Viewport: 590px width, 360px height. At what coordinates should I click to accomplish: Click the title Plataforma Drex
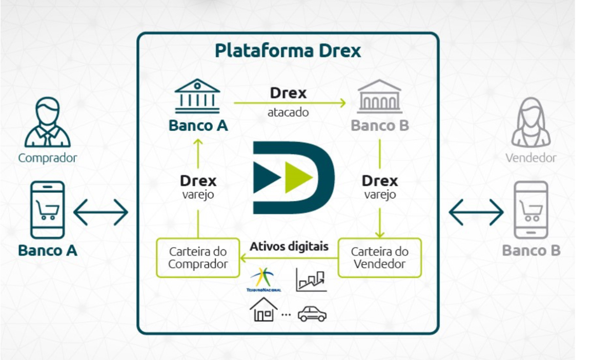(x=288, y=51)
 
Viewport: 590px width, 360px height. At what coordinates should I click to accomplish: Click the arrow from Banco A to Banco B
(x=290, y=103)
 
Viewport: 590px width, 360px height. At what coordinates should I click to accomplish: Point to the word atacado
(x=288, y=112)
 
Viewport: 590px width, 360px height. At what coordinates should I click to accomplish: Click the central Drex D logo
(x=293, y=177)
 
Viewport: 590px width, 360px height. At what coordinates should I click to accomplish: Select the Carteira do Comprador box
(x=198, y=258)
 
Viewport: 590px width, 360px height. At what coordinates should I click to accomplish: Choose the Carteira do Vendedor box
(x=379, y=257)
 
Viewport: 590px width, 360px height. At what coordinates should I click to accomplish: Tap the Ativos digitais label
(x=289, y=246)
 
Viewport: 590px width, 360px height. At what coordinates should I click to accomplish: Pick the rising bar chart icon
(x=311, y=280)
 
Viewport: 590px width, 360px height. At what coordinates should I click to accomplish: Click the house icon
(x=263, y=310)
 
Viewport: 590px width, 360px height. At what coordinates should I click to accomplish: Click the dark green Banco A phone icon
(x=48, y=210)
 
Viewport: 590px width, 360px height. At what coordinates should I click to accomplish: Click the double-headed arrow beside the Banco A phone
(x=100, y=212)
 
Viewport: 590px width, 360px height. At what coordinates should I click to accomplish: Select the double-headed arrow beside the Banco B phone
(x=476, y=212)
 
